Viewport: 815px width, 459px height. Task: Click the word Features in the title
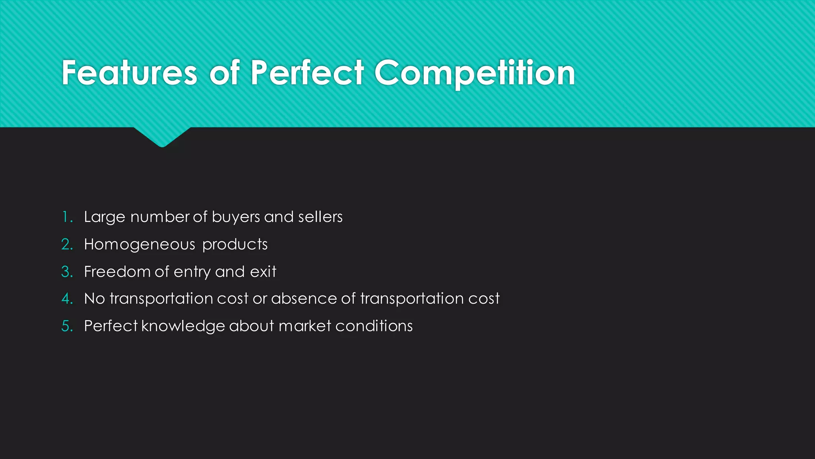click(x=129, y=73)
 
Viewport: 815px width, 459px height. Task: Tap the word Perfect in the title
click(x=307, y=73)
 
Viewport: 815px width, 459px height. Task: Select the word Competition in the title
click(x=474, y=74)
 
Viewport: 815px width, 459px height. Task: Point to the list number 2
click(x=67, y=245)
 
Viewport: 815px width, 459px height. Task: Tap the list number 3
click(x=67, y=272)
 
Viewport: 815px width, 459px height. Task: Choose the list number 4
click(x=67, y=299)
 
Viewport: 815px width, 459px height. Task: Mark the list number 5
click(x=67, y=326)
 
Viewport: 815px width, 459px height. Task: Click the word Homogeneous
click(x=139, y=245)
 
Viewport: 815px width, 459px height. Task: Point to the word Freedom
click(x=117, y=272)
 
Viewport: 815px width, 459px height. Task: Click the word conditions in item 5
click(x=374, y=326)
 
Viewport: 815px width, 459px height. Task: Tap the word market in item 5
click(x=305, y=326)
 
